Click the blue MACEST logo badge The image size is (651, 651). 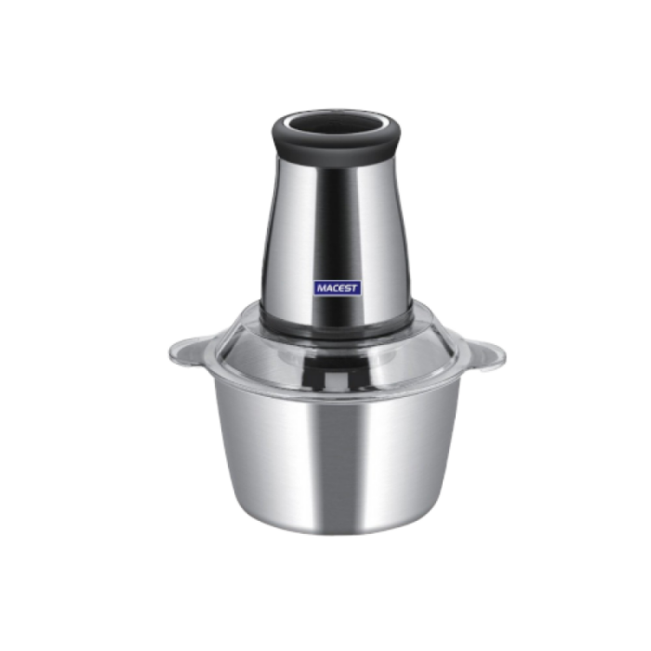(x=337, y=287)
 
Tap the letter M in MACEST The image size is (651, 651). (x=321, y=288)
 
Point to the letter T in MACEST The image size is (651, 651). (x=353, y=287)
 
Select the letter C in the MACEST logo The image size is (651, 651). (x=336, y=288)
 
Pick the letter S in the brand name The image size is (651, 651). (x=348, y=287)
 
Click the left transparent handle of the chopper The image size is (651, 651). (x=189, y=352)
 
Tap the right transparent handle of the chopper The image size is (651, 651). (x=485, y=354)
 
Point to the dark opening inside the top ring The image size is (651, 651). (x=337, y=124)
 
